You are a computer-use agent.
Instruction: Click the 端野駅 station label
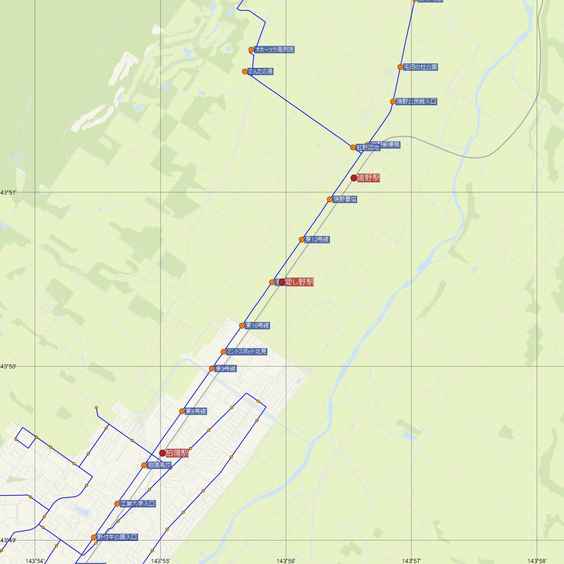[x=368, y=178]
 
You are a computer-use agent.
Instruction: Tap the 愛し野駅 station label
[x=299, y=282]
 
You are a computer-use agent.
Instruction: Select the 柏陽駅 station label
[x=177, y=453]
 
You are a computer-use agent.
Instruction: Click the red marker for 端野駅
[x=354, y=178]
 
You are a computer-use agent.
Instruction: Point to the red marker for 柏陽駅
[x=163, y=453]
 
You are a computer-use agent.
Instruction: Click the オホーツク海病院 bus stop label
[x=274, y=49]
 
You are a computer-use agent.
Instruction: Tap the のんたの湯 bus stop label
[x=261, y=71]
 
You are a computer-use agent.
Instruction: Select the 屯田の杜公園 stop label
[x=421, y=67]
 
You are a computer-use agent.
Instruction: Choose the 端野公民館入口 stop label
[x=416, y=102]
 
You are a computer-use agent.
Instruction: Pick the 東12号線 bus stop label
[x=317, y=240]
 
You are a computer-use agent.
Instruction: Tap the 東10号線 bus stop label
[x=257, y=326]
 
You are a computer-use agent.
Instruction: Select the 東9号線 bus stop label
[x=226, y=369]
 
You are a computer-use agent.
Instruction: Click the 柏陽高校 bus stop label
[x=159, y=465]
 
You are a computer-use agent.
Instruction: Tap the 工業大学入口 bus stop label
[x=138, y=504]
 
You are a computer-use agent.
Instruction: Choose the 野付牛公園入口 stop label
[x=117, y=537]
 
